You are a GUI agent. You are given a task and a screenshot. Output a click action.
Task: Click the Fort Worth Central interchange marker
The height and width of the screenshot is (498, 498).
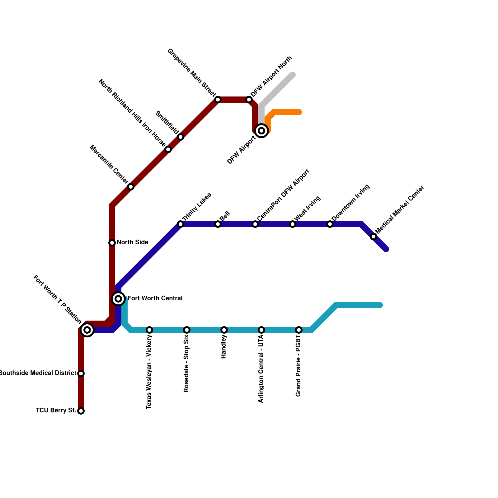point(118,299)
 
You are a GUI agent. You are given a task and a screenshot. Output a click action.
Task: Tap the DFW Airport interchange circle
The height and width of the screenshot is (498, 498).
point(261,131)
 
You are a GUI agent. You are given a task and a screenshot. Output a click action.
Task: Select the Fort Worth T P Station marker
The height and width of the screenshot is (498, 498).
point(87,330)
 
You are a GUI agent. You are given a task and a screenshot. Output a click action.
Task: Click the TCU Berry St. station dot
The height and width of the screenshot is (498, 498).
point(81,411)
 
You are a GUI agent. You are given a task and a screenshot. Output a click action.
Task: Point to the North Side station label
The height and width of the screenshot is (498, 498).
point(132,242)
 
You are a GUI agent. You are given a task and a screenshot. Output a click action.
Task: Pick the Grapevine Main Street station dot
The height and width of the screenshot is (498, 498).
point(218,100)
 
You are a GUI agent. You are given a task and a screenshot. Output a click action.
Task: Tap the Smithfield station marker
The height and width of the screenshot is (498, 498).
point(181,137)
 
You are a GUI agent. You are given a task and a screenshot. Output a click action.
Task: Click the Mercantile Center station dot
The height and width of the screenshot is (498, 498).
point(131,187)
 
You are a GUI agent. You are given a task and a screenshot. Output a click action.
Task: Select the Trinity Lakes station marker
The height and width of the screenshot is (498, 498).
point(181,224)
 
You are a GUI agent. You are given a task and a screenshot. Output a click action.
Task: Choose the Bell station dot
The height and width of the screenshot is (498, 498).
point(218,224)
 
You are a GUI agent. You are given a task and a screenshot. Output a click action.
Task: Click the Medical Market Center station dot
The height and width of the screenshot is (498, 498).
point(374,237)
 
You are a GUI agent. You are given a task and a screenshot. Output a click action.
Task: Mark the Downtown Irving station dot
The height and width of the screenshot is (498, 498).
point(330,224)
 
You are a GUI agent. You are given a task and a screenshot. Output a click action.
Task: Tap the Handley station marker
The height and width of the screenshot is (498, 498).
point(224,330)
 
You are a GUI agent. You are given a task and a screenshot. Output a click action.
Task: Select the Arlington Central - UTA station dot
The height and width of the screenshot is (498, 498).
point(261,330)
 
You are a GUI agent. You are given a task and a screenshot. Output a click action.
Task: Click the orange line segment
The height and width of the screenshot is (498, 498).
point(286,112)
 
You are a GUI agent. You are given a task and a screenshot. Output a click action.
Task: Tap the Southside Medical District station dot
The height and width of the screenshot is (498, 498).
point(81,374)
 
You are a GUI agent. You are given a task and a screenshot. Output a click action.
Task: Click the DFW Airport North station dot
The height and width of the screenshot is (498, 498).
point(249,100)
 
